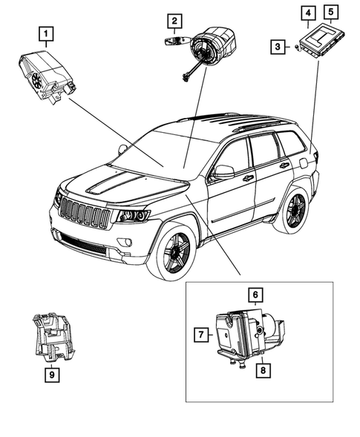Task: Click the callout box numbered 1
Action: click(x=47, y=33)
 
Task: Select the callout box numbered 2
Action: click(x=173, y=22)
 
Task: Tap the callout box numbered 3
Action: click(x=277, y=47)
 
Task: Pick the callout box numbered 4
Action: click(x=307, y=12)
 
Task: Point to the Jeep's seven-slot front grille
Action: click(x=85, y=213)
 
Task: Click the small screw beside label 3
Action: click(x=295, y=49)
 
